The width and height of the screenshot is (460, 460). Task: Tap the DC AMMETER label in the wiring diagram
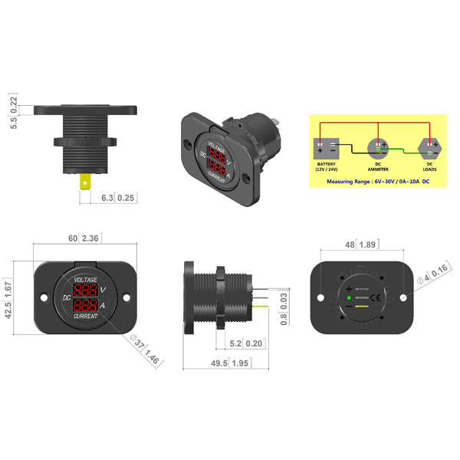click(x=379, y=165)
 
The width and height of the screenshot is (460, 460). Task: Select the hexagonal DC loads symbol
click(x=429, y=145)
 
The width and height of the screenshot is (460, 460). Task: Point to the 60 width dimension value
click(x=74, y=239)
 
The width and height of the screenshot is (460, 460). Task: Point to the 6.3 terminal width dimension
click(x=107, y=197)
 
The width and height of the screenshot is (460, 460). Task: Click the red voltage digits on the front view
click(x=86, y=291)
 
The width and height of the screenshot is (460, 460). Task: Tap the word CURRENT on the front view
click(x=85, y=316)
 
